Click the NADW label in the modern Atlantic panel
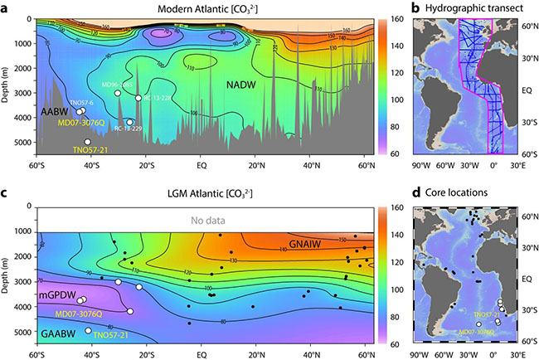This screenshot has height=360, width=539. pyautogui.click(x=249, y=83)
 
